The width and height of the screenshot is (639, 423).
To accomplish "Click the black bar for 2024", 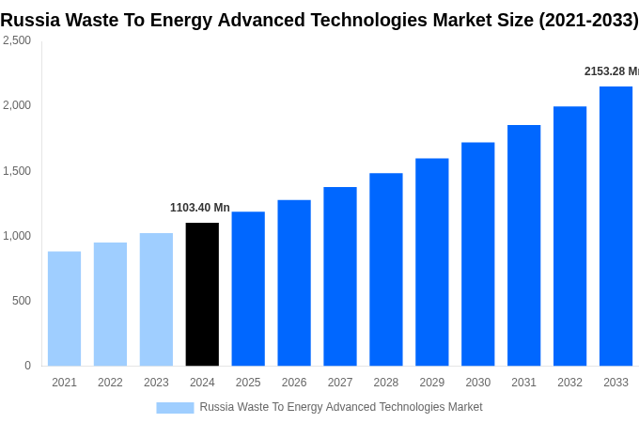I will [202, 294].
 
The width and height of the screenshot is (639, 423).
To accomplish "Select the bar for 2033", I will [616, 226].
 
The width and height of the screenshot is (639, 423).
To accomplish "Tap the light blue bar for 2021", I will [64, 308].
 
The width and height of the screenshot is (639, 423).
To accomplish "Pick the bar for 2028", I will [385, 269].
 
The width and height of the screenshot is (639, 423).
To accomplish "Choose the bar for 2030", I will [477, 254].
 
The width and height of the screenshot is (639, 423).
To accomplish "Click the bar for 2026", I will [294, 283].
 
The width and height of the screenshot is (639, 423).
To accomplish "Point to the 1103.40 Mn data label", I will [199, 208].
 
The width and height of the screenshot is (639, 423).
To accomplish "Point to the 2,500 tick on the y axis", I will [16, 40].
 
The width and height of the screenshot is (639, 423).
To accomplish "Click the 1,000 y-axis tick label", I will [16, 236].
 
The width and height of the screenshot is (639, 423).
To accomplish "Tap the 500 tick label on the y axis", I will [21, 301].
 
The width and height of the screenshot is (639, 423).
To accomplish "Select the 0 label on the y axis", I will [27, 366].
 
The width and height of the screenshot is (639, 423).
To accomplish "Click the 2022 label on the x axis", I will [110, 383].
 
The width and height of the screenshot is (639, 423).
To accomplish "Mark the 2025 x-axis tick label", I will [248, 383].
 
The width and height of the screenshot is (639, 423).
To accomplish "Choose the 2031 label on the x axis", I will [523, 383].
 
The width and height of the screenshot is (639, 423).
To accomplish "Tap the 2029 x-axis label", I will [431, 383].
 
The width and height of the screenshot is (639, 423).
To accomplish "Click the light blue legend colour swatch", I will [175, 407].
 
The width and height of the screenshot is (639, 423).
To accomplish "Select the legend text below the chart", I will [340, 407].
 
